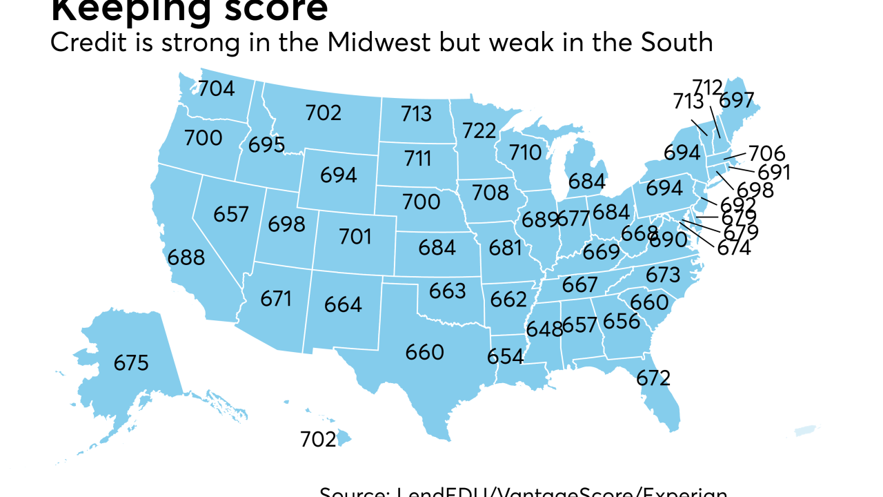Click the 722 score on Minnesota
pyautogui.click(x=480, y=130)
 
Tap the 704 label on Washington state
pyautogui.click(x=217, y=88)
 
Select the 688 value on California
pyautogui.click(x=186, y=257)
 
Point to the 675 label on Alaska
pyautogui.click(x=131, y=363)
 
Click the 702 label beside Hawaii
pyautogui.click(x=318, y=439)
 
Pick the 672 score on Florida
pyautogui.click(x=653, y=378)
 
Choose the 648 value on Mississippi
pyautogui.click(x=544, y=329)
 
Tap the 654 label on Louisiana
pyautogui.click(x=505, y=357)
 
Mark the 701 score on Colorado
pyautogui.click(x=355, y=237)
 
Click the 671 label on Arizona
pyautogui.click(x=276, y=299)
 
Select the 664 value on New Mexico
pyautogui.click(x=343, y=304)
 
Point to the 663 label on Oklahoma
pyautogui.click(x=447, y=291)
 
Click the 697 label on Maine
pyautogui.click(x=737, y=101)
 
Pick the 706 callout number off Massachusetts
pyautogui.click(x=767, y=153)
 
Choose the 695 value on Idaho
pyautogui.click(x=267, y=145)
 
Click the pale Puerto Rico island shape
pyautogui.click(x=804, y=430)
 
